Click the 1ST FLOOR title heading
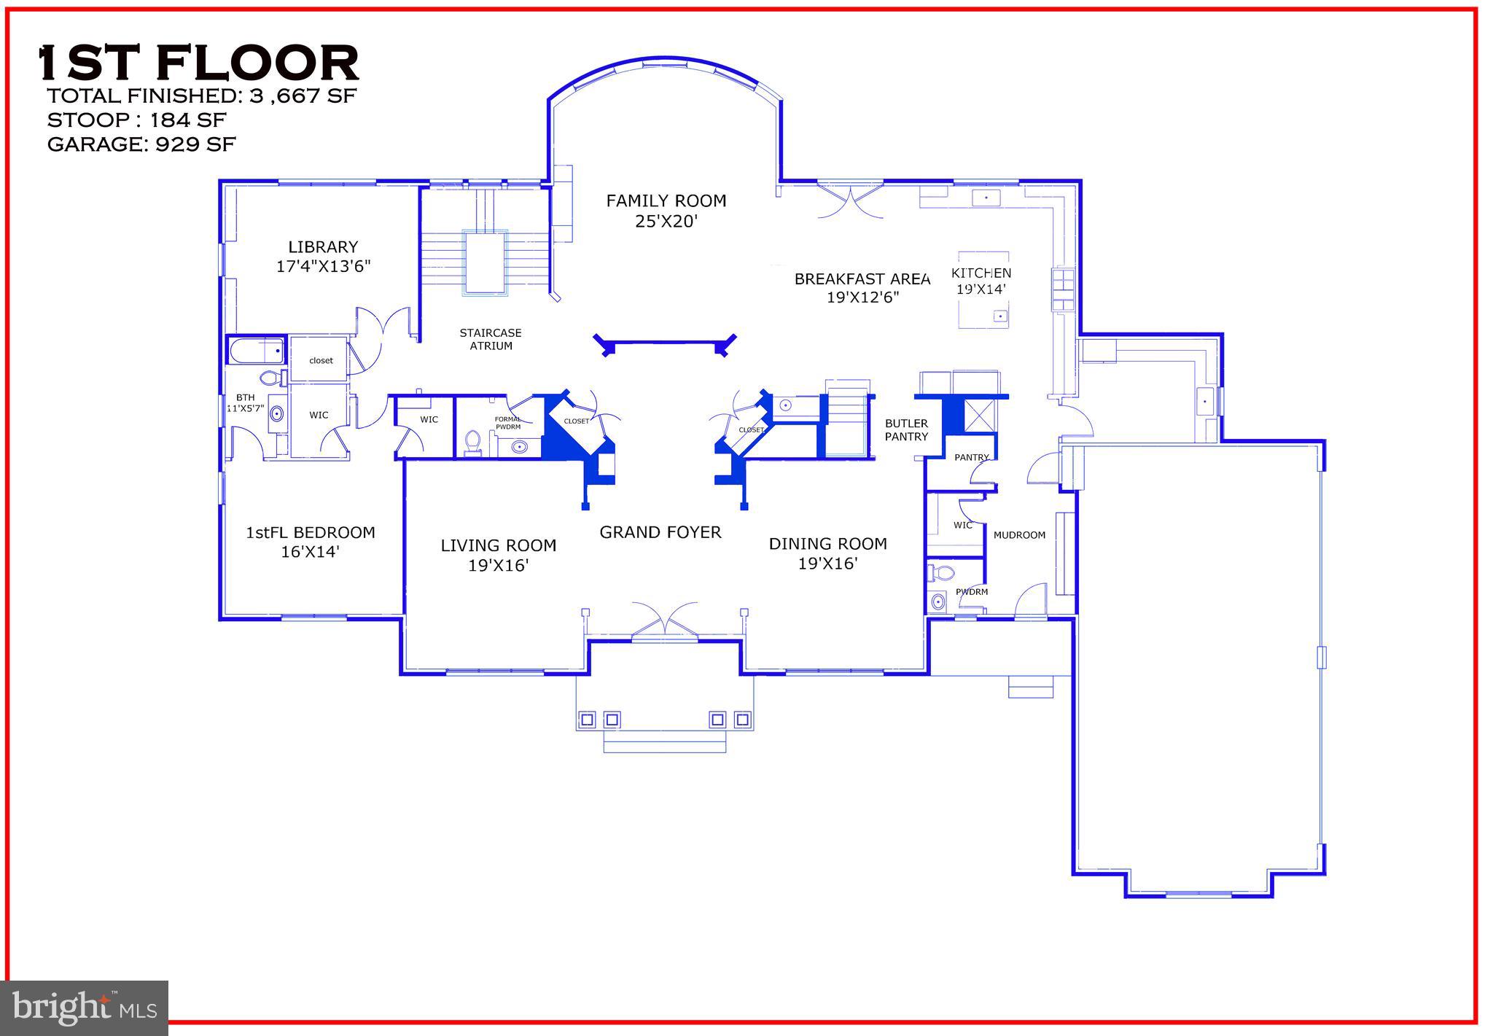(198, 63)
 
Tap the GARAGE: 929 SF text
(141, 144)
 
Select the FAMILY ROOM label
(666, 200)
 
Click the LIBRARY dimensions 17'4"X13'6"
(323, 266)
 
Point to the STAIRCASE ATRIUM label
(491, 339)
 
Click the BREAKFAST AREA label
(862, 279)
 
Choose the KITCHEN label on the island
(981, 273)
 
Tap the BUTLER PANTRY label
(906, 429)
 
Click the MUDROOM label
(1019, 535)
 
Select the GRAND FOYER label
(660, 532)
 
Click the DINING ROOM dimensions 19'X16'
(827, 564)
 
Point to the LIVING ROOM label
(499, 545)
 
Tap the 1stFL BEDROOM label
(311, 533)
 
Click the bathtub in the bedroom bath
(257, 352)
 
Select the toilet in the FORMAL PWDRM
(472, 443)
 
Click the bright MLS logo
(85, 1008)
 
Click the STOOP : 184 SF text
(136, 120)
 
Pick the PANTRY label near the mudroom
(971, 458)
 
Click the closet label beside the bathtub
(321, 360)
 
